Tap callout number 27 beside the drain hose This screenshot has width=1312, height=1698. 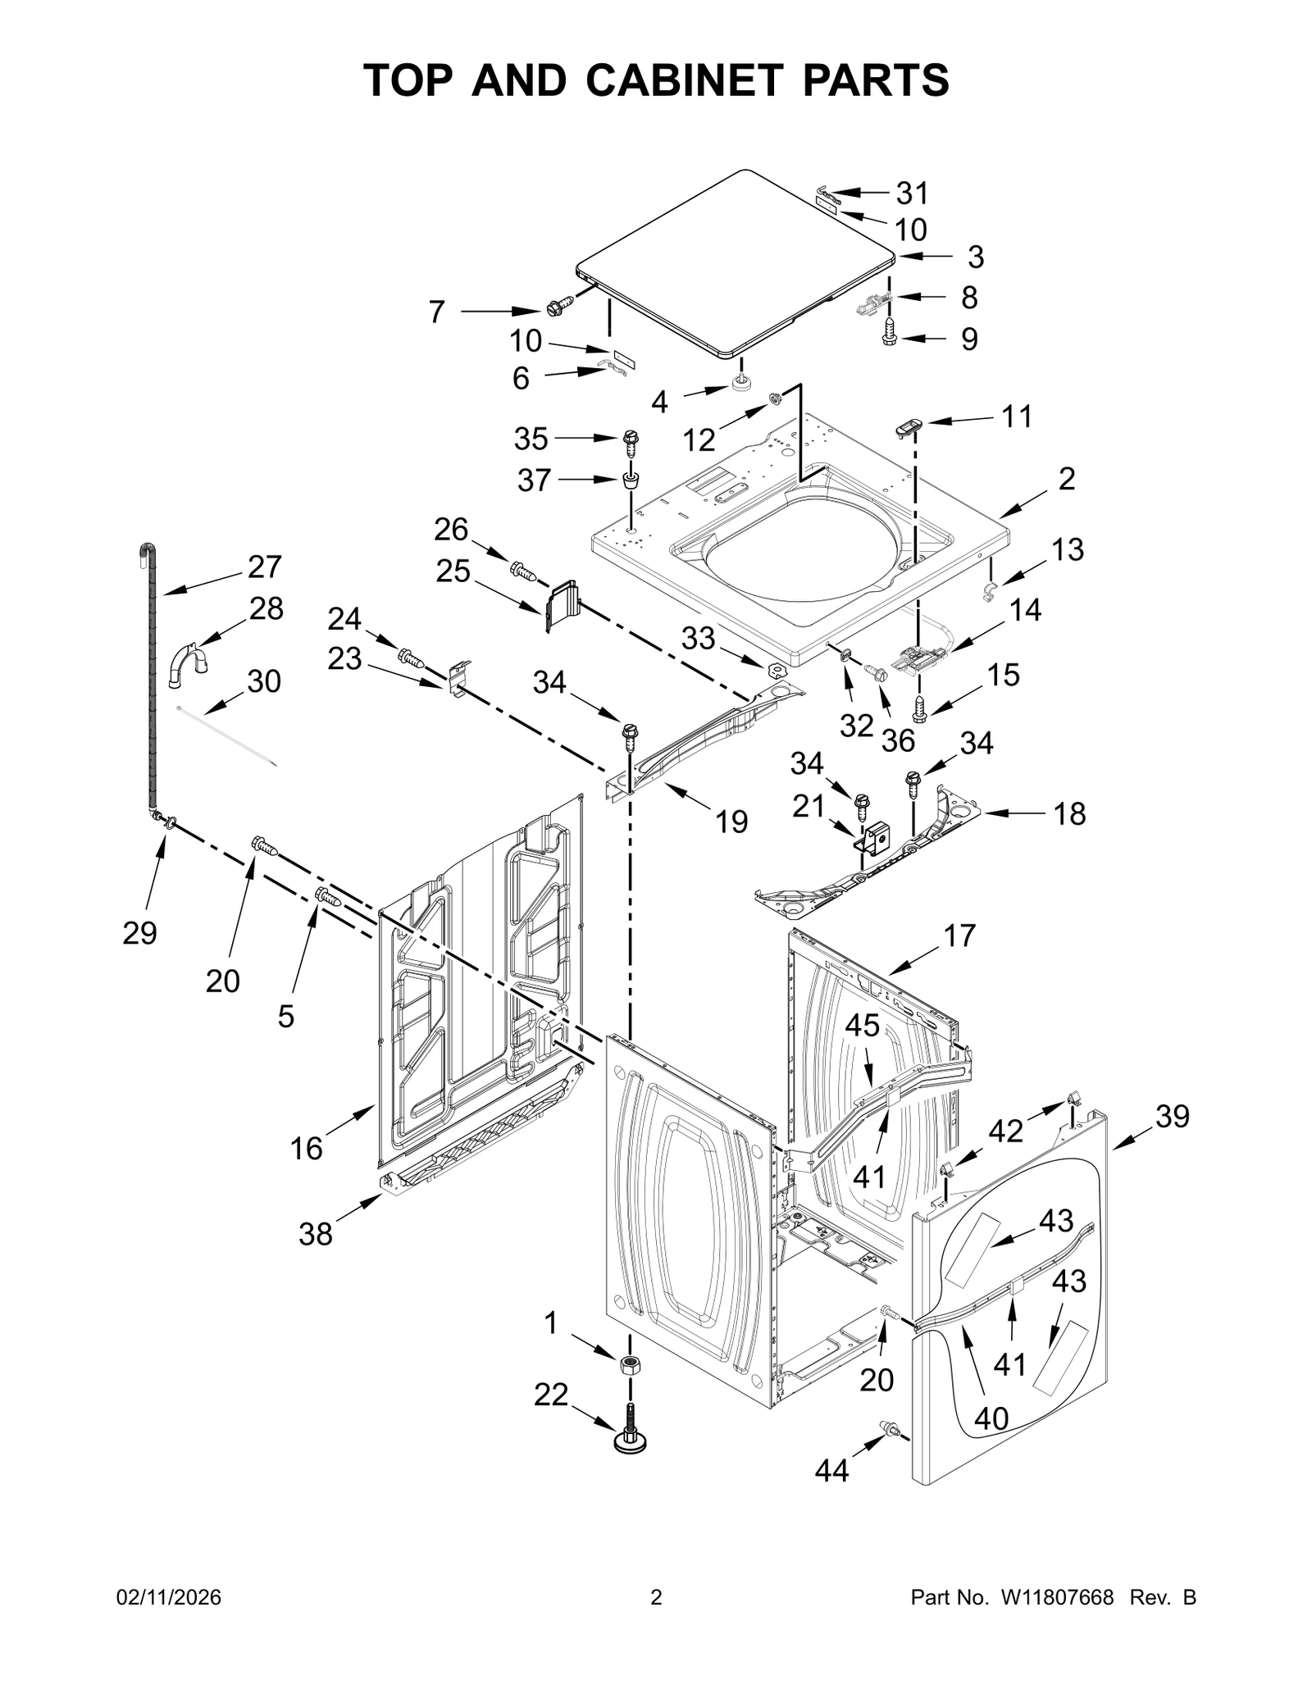(x=265, y=567)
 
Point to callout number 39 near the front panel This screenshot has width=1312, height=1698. (x=1172, y=1116)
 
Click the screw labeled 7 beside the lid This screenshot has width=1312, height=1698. (x=558, y=307)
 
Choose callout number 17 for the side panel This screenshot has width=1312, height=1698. (x=959, y=935)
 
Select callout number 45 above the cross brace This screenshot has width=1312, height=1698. (x=863, y=1026)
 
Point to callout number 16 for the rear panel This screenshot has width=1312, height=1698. (x=306, y=1149)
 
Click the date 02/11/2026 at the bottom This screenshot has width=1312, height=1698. (x=168, y=1621)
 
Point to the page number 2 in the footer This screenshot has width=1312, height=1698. (x=656, y=1621)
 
